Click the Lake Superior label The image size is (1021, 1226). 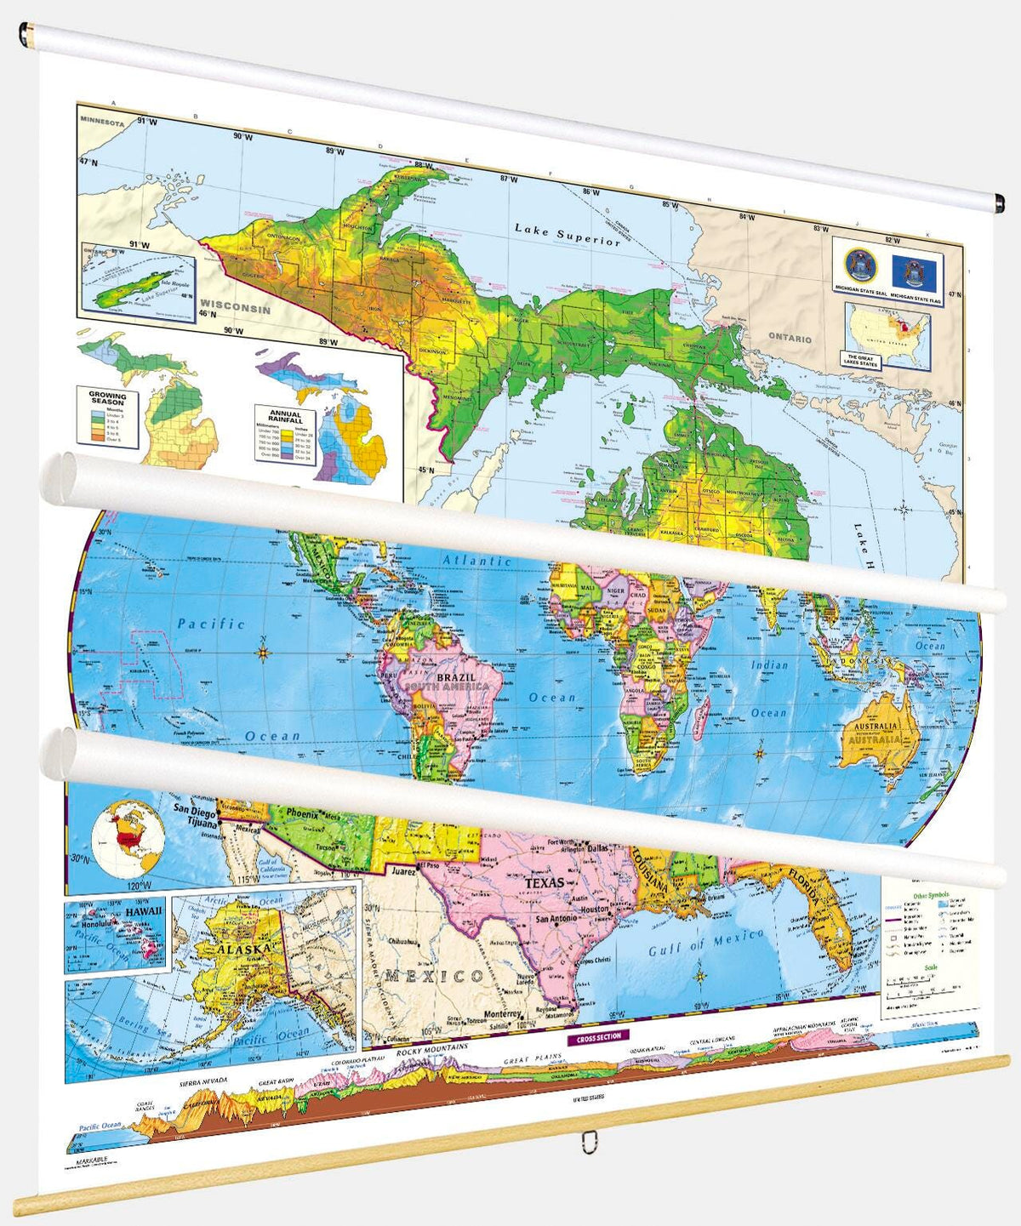click(568, 234)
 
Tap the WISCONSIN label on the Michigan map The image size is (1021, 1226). click(235, 308)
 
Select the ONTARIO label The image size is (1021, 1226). click(790, 338)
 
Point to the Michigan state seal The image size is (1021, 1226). click(857, 265)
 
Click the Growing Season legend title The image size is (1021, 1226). click(108, 398)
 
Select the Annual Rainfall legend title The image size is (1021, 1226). click(285, 417)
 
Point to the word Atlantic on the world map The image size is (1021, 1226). click(476, 561)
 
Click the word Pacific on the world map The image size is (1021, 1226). click(210, 624)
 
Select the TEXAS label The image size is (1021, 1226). click(544, 883)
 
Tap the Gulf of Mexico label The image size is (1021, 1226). click(705, 943)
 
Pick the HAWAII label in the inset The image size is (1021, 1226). click(142, 910)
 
